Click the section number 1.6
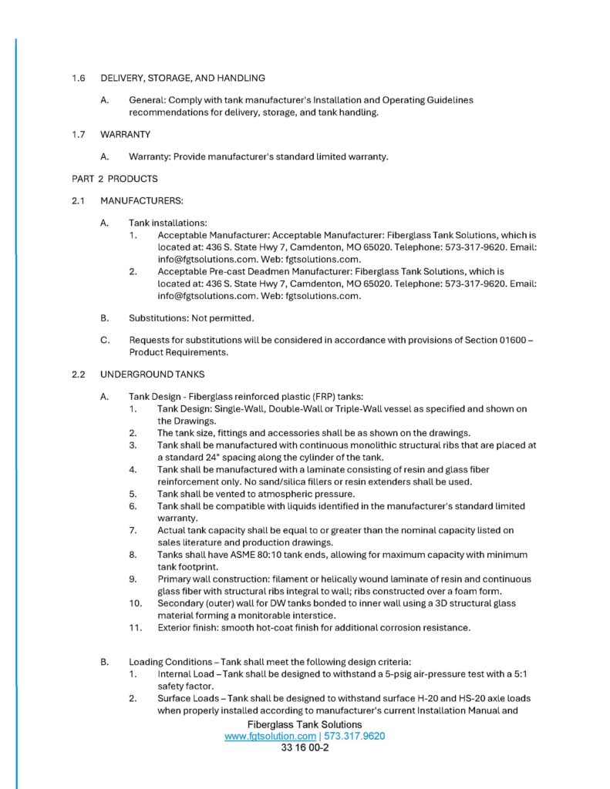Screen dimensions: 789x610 coord(77,78)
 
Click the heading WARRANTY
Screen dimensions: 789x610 coord(125,134)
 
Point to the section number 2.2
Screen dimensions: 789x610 coord(77,374)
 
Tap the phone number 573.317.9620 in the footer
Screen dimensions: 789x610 coord(355,736)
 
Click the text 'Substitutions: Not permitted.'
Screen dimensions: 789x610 coord(191,318)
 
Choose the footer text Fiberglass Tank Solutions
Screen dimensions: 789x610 coord(305,725)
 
